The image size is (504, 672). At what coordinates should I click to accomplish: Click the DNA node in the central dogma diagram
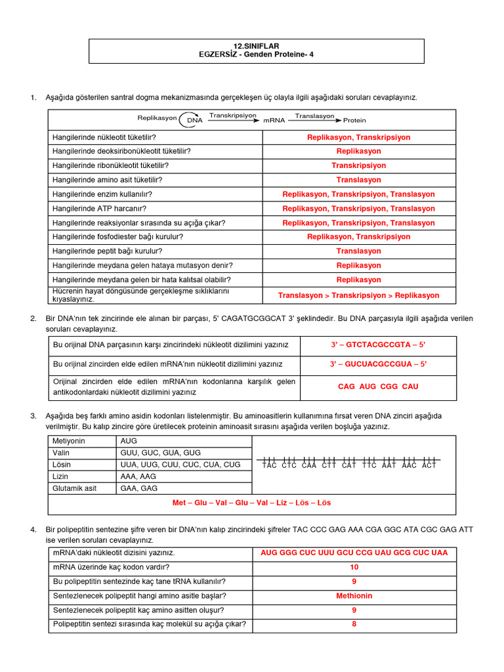195,120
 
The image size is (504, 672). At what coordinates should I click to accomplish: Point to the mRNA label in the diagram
274,121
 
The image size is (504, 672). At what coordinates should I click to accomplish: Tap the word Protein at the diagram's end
354,121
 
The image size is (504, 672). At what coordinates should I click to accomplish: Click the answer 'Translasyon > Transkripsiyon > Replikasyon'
358,295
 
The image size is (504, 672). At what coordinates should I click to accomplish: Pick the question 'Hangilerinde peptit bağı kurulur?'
107,251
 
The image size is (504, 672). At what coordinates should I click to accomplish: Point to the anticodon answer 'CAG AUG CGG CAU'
377,387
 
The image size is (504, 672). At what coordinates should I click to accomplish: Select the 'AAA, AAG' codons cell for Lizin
138,476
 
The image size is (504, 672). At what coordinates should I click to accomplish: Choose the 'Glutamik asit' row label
73,488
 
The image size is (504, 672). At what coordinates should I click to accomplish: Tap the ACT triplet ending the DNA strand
429,465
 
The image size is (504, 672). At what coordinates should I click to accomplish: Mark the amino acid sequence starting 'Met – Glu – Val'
251,503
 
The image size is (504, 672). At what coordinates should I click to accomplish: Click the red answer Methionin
354,596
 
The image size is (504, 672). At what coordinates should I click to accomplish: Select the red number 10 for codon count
354,567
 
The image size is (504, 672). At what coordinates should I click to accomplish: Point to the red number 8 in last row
354,624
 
